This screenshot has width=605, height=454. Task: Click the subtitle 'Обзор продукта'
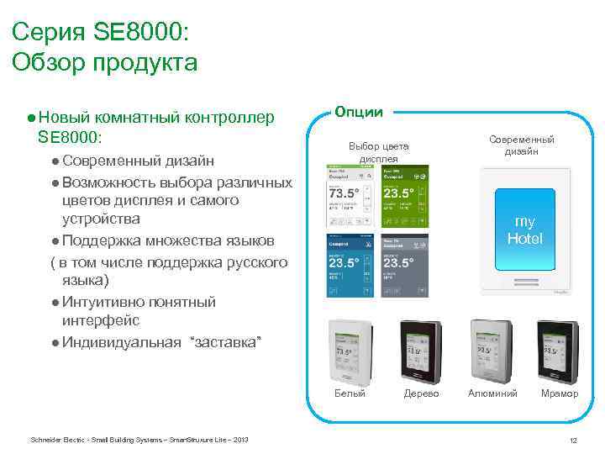click(x=105, y=63)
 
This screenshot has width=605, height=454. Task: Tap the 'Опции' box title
click(x=359, y=112)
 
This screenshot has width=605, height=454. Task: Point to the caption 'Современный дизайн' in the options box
click(x=523, y=145)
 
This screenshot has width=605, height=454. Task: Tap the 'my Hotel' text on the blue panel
click(x=524, y=230)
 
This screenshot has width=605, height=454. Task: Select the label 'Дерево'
click(x=421, y=393)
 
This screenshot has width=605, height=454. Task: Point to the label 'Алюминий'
click(x=492, y=393)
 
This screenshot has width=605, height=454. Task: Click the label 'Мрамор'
click(x=559, y=393)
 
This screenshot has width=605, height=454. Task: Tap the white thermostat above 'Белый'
click(x=350, y=348)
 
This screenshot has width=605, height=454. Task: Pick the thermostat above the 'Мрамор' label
click(x=559, y=348)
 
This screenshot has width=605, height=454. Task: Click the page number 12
click(x=573, y=441)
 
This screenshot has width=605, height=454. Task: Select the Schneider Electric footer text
click(x=139, y=440)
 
